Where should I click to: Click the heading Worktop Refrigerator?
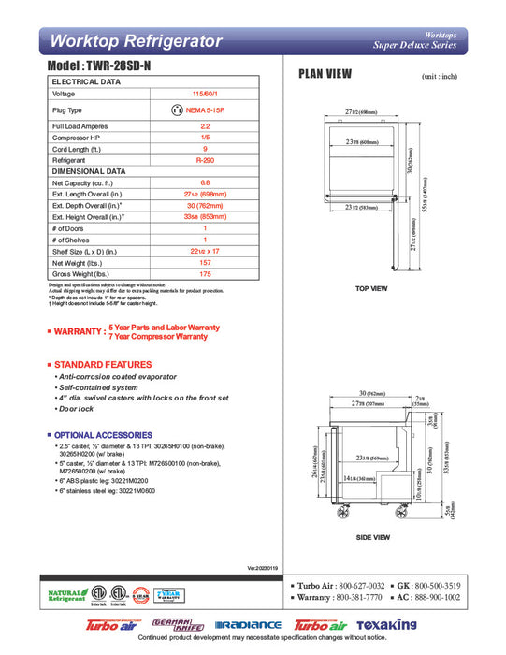coord(136,41)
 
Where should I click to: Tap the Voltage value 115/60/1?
coord(205,95)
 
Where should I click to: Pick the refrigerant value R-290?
coord(205,161)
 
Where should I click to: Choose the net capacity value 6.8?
coord(205,183)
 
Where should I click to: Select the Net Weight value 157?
coord(205,262)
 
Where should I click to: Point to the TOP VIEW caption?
coord(371,289)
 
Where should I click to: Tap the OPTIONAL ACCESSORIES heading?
coord(104,435)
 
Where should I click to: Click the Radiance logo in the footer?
coord(248,625)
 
